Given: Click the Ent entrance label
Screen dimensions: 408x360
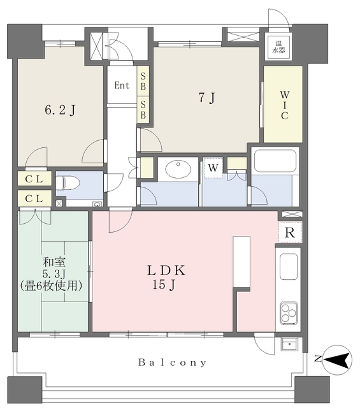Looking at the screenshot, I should tap(122, 85).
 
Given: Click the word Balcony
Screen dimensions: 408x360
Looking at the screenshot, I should tap(173, 363).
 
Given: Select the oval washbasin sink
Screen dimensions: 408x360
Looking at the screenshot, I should tap(178, 170).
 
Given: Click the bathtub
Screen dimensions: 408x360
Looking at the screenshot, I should tap(275, 161).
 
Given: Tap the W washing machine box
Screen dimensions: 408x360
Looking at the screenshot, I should tap(213, 167).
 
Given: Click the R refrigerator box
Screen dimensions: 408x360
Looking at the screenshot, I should tap(290, 233).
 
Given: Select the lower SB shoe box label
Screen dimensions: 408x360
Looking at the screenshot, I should tap(144, 109).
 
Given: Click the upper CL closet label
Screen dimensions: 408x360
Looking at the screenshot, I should tap(34, 178).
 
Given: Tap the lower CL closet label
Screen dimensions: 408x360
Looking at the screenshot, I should tap(34, 200).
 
